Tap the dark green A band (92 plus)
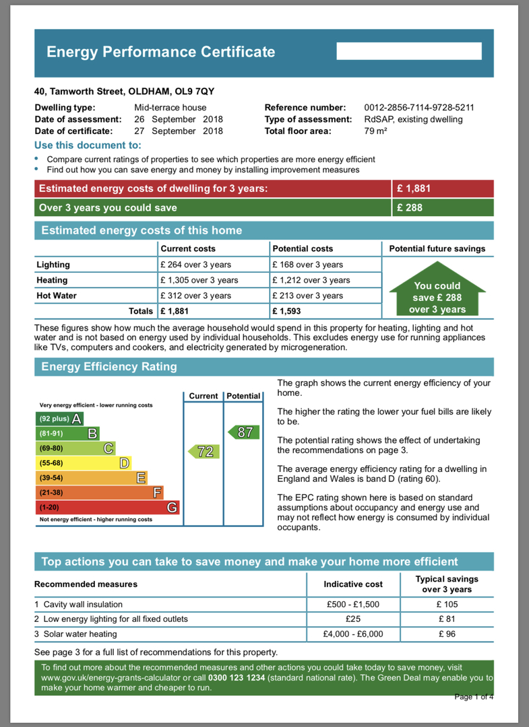pos(59,419)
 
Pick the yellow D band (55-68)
pos(82,463)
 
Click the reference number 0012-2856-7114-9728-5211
pos(419,107)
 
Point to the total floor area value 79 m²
pos(375,131)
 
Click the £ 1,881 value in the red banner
pos(414,189)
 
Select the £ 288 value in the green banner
pos(410,208)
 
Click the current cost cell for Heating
pos(199,280)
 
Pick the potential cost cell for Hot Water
pos(307,296)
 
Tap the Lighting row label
pos(53,265)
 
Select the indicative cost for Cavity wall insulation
pos(353,604)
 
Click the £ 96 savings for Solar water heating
pos(447,634)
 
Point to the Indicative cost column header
pos(353,584)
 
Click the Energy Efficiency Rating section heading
pos(109,367)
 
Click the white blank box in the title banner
pos(409,51)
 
